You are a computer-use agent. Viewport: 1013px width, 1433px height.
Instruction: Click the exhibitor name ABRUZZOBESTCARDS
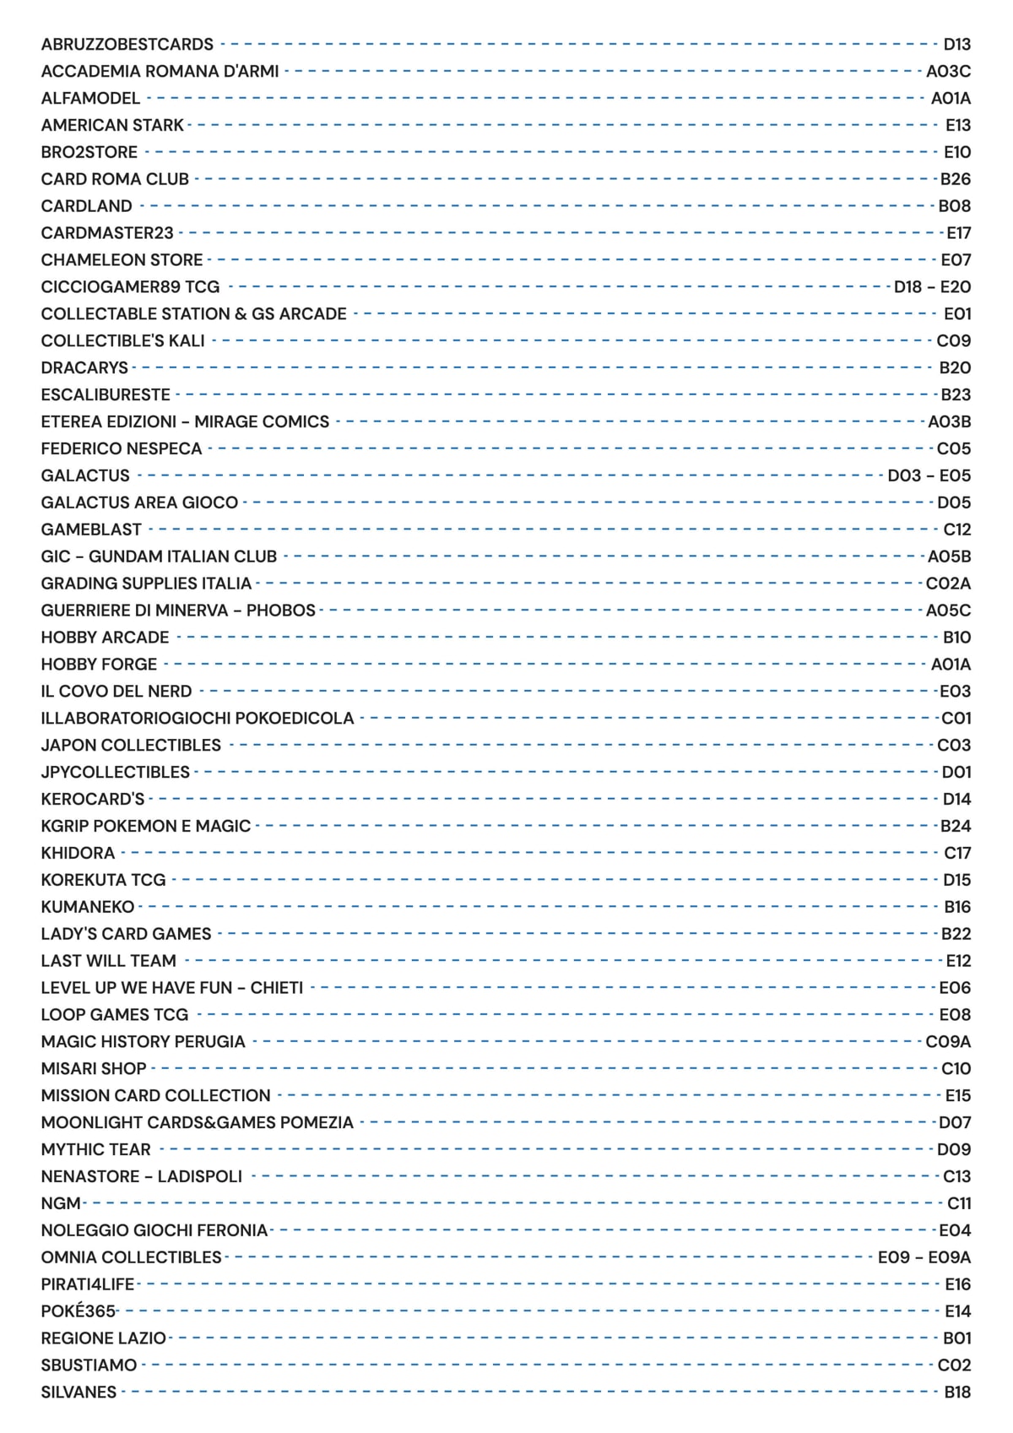[127, 44]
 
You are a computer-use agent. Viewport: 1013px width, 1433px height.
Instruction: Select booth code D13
[956, 44]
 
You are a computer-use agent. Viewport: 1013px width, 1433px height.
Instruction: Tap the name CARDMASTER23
[107, 233]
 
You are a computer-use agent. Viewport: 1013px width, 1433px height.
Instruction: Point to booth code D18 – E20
[932, 287]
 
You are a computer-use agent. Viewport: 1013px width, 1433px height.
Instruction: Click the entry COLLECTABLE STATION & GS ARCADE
[193, 314]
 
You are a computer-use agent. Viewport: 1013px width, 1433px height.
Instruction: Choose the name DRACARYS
[84, 368]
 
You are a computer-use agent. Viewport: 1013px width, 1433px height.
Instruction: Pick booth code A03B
[949, 421]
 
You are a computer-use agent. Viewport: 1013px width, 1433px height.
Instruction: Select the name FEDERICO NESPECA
[122, 448]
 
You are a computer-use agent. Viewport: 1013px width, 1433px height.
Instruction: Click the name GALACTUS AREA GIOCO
[139, 502]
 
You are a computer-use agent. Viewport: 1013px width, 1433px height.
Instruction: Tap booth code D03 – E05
[929, 475]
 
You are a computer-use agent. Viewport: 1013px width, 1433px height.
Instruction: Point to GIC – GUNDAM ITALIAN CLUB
[159, 556]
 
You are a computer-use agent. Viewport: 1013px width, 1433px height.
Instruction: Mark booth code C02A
[948, 584]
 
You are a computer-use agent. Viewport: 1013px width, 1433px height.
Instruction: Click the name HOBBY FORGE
[99, 665]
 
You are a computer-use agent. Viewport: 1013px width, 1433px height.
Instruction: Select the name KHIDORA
[78, 853]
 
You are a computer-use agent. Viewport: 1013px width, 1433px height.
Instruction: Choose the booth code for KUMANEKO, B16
[956, 907]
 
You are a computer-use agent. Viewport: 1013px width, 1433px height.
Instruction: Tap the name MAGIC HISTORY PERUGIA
[143, 1042]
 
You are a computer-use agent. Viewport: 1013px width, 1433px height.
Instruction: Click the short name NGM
[61, 1203]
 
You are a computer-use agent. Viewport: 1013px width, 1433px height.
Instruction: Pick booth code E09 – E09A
[924, 1257]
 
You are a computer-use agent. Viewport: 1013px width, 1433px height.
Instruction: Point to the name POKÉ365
[78, 1311]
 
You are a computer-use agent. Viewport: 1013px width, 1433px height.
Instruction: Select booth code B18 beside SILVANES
[956, 1392]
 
